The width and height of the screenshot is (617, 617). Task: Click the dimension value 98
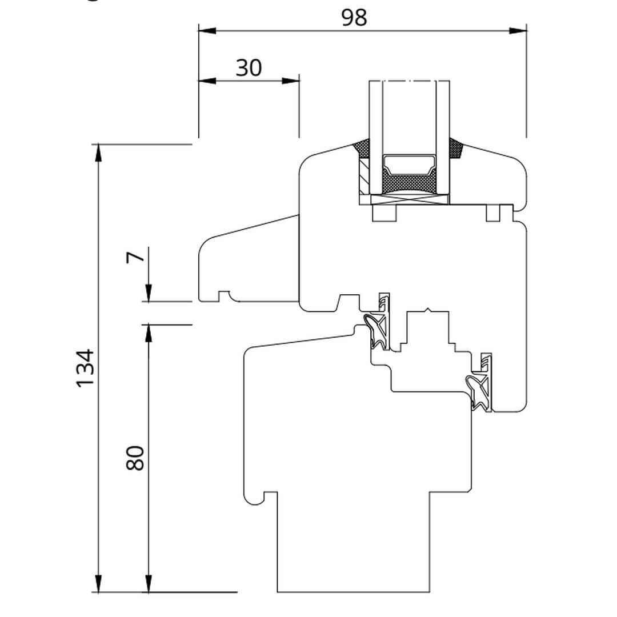click(354, 18)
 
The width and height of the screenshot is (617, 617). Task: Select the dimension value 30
click(249, 68)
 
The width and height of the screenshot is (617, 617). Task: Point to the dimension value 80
click(136, 458)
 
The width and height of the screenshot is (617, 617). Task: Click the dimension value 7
click(135, 258)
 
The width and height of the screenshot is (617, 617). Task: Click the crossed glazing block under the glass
click(408, 199)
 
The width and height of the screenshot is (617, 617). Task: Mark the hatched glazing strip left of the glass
click(363, 177)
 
